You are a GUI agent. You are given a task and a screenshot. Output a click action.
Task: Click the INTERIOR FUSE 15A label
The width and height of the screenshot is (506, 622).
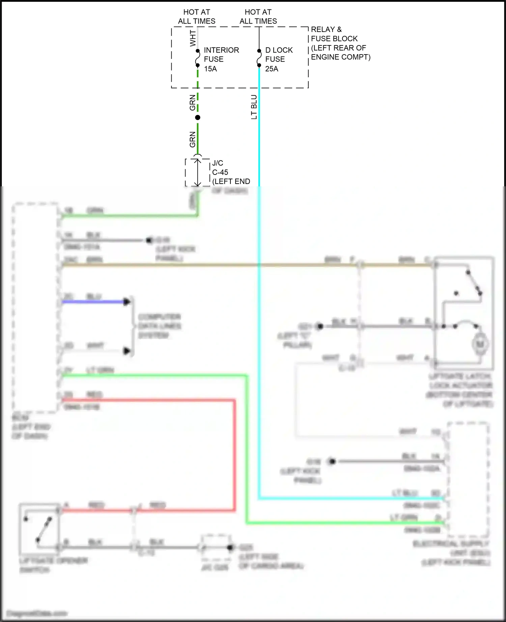click(x=221, y=59)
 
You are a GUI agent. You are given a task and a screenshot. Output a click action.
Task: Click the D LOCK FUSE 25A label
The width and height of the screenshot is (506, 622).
click(x=279, y=59)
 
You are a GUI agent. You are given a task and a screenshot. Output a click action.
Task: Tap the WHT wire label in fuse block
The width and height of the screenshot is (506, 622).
click(x=193, y=38)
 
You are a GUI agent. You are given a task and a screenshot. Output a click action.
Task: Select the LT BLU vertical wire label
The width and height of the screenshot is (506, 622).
click(x=254, y=107)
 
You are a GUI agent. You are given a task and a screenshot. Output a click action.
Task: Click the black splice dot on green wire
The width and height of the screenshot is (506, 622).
click(x=198, y=117)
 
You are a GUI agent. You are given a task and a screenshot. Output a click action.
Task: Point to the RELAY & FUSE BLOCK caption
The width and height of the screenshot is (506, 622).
click(x=340, y=43)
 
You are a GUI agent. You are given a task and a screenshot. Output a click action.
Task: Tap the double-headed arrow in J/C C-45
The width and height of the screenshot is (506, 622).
click(x=198, y=172)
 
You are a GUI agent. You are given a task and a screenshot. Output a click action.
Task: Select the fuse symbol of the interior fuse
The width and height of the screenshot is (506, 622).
click(x=198, y=58)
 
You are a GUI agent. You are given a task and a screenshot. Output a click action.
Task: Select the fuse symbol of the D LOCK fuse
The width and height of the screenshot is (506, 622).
click(x=259, y=58)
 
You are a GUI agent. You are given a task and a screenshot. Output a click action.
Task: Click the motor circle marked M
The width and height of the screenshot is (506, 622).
click(x=480, y=344)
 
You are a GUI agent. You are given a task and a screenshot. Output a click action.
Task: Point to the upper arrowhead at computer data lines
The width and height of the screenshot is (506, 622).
click(x=127, y=302)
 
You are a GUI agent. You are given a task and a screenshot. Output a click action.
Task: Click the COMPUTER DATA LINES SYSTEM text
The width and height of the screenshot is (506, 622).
click(x=160, y=326)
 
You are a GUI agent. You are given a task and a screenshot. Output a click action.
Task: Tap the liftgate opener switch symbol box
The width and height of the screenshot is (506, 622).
click(x=39, y=528)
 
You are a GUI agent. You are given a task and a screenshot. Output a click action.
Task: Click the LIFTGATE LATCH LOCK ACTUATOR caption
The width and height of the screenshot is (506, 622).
click(x=460, y=390)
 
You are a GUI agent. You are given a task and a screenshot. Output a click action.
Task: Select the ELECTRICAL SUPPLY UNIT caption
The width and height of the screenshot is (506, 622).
click(x=452, y=553)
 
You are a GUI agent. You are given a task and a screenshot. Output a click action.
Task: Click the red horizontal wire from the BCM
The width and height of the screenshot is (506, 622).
click(x=148, y=400)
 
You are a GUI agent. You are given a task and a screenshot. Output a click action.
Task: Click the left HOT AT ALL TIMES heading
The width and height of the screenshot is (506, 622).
click(x=197, y=17)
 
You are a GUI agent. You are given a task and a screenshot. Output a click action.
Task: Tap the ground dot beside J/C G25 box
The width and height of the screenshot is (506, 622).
click(x=230, y=548)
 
